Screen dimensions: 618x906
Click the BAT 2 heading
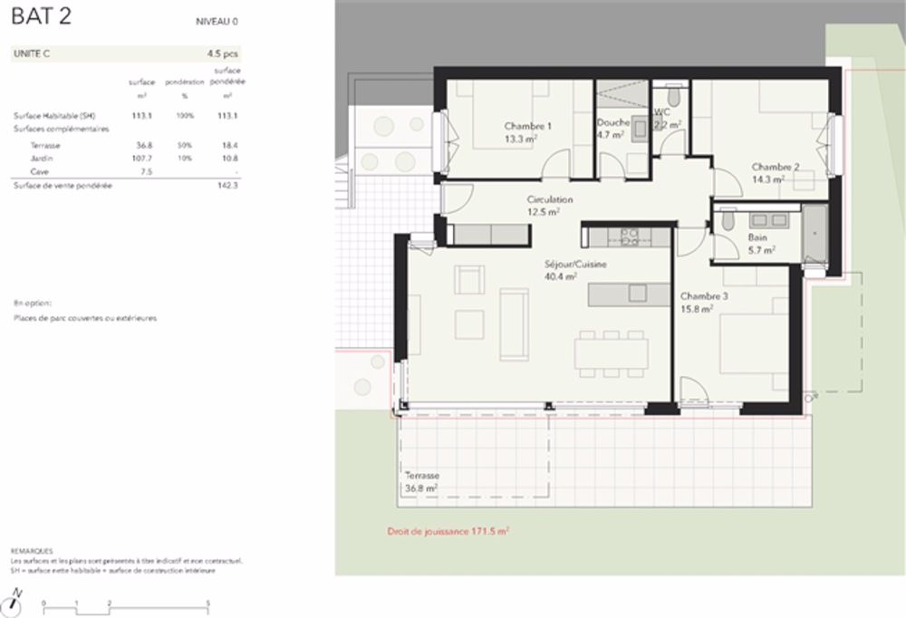41,19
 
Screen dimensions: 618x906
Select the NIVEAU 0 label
217,21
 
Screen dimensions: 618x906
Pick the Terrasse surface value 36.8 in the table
143,145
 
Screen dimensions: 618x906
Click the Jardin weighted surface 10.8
229,158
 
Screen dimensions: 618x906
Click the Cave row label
39,170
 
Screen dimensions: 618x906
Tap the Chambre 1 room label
527,126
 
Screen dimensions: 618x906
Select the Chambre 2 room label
775,167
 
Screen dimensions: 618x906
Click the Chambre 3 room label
703,296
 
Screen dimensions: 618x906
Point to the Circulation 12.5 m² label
550,206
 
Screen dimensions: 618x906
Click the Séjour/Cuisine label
562,265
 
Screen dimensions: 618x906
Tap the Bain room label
757,237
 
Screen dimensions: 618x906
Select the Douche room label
612,122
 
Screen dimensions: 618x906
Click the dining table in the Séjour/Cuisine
611,352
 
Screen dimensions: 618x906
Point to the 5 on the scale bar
208,603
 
